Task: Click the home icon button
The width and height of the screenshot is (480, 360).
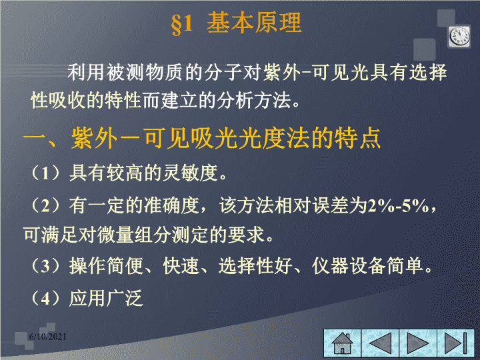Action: tap(343, 343)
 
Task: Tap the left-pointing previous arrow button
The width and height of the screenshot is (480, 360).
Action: tap(380, 343)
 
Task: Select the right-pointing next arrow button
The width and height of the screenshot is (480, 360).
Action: tap(418, 343)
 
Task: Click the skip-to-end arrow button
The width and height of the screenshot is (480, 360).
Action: tap(456, 343)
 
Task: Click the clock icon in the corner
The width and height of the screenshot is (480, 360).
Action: tap(459, 37)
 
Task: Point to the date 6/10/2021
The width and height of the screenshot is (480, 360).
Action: tap(48, 337)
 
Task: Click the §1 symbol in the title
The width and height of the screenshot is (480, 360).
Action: tap(182, 24)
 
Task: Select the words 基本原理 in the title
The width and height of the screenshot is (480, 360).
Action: tap(254, 23)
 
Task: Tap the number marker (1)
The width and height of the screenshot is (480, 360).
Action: tap(45, 173)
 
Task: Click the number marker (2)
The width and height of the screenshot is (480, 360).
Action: tap(45, 205)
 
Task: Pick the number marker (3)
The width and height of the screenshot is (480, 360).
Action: tap(45, 265)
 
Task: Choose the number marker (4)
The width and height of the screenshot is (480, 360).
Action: tap(45, 298)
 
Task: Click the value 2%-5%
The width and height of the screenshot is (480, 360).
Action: tap(399, 206)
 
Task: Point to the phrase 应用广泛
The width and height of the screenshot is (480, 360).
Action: tap(106, 298)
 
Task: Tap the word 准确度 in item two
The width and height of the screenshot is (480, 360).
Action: tap(172, 205)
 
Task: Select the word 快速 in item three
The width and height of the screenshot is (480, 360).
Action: tap(181, 265)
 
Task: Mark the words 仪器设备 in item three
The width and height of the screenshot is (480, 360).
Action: tap(349, 265)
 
